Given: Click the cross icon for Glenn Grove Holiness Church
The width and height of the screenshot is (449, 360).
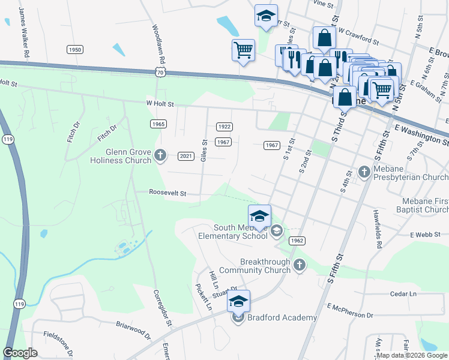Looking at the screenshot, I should [x=160, y=155].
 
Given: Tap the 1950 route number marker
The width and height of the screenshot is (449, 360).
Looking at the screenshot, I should [x=75, y=50].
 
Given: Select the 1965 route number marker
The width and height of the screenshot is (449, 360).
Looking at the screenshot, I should [x=158, y=124].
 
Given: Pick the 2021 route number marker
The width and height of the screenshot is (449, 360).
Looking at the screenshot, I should [x=187, y=156].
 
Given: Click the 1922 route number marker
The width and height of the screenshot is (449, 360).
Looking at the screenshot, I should [x=224, y=127].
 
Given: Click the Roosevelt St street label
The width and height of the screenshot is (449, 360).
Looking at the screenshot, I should [x=169, y=194].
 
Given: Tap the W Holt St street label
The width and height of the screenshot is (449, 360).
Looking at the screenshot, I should [x=160, y=104].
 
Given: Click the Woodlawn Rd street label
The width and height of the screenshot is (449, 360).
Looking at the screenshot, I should [x=154, y=40].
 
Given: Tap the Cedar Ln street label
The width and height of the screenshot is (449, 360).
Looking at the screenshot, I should [x=403, y=294].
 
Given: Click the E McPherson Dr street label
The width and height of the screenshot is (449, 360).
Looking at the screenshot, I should [x=350, y=310].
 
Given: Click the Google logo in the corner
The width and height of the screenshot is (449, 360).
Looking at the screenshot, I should [x=20, y=353].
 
